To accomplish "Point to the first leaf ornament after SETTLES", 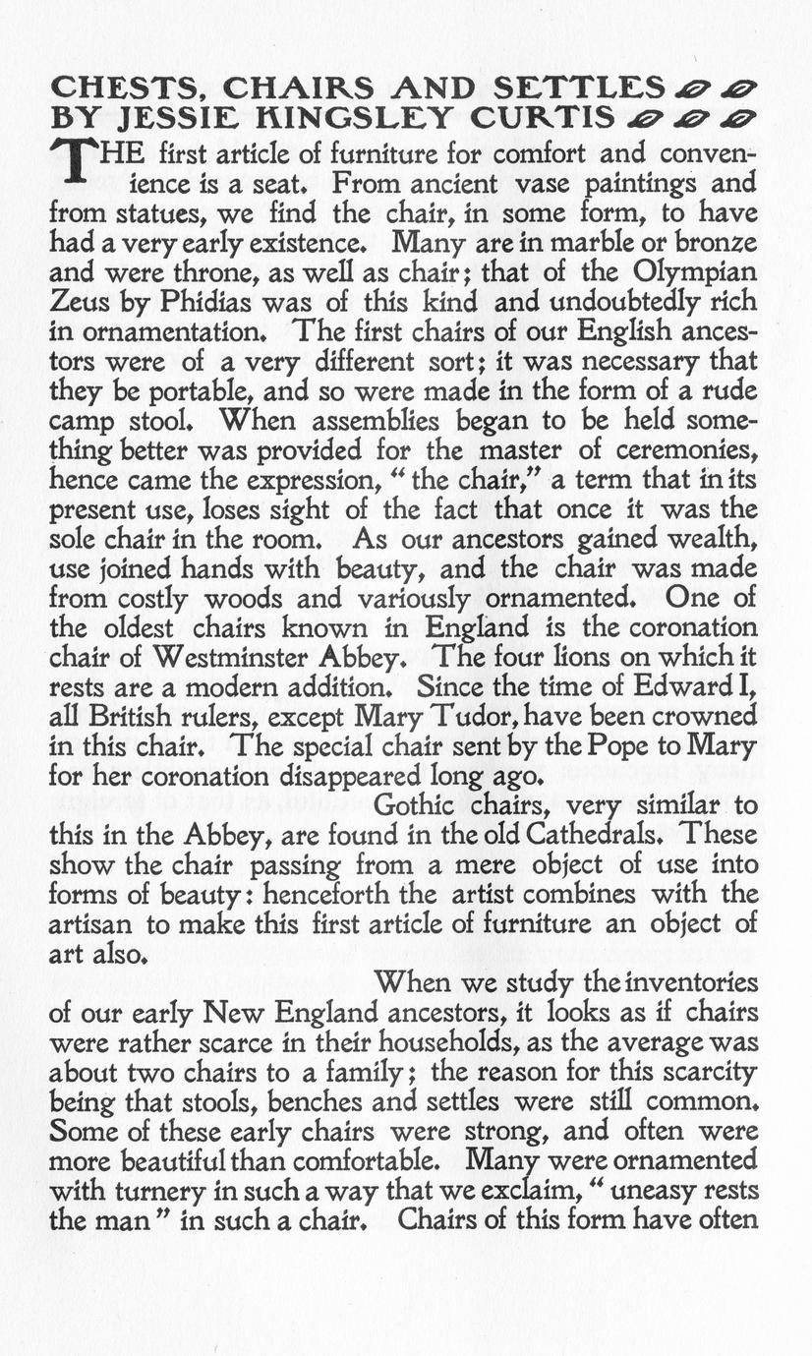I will tap(689, 90).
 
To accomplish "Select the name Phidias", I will tap(177, 302).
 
